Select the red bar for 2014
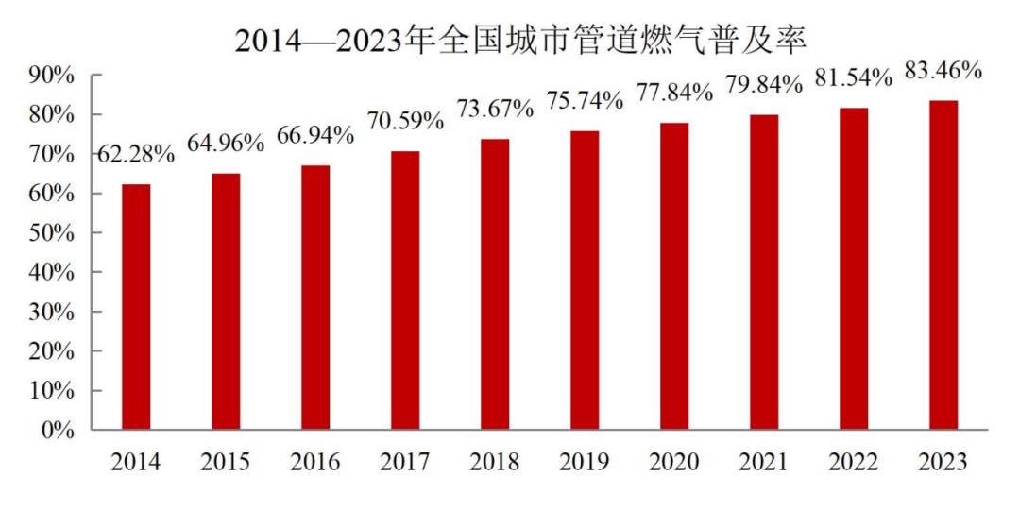[136, 306]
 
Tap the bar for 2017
[405, 290]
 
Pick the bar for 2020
[674, 276]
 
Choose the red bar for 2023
[943, 265]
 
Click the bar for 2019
[585, 280]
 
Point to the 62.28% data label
[136, 154]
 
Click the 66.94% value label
[315, 135]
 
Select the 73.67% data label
[495, 109]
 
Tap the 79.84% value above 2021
[763, 85]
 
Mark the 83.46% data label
[943, 70]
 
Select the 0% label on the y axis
[59, 430]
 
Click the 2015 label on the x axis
[226, 462]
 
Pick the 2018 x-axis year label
[495, 462]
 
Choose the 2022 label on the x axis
[854, 462]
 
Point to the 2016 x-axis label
[315, 462]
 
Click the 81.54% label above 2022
[854, 77]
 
